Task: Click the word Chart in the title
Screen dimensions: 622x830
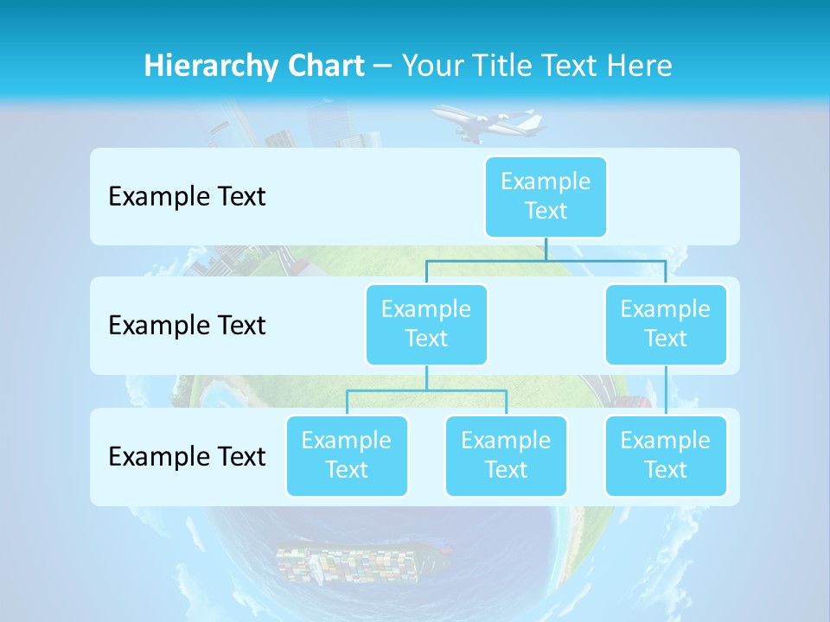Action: (319, 66)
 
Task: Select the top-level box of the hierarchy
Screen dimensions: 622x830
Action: (546, 196)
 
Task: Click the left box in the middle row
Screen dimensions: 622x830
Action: (426, 324)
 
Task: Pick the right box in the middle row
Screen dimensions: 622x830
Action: (666, 324)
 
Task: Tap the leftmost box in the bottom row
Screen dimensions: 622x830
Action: (347, 455)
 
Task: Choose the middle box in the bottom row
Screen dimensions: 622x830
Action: (506, 455)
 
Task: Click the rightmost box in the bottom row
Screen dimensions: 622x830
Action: (666, 455)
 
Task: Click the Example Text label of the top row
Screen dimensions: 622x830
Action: (187, 197)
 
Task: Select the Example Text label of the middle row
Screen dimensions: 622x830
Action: (187, 326)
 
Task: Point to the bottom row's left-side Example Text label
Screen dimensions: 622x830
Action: (187, 456)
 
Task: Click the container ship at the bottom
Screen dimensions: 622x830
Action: (363, 562)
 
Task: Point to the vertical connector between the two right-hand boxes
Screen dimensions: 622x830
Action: (666, 390)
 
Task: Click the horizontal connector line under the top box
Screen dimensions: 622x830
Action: (546, 260)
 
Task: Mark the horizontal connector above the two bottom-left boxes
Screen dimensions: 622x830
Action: (426, 390)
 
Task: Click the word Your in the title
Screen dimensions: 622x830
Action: (430, 66)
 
